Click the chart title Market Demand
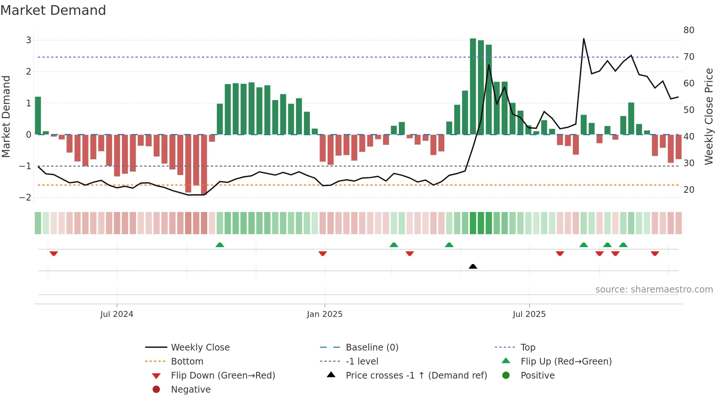click(53, 10)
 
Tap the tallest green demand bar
click(473, 86)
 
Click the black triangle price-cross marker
click(473, 266)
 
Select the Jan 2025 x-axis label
click(325, 314)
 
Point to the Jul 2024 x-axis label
click(117, 314)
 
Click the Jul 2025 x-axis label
click(529, 314)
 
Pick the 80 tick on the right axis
click(689, 30)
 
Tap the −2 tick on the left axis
click(25, 198)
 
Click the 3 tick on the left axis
click(28, 40)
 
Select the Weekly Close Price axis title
click(708, 116)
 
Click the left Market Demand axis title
click(6, 116)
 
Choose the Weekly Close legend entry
click(200, 348)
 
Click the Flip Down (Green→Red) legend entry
click(223, 376)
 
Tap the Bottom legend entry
click(187, 362)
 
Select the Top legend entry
click(527, 348)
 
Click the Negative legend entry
click(191, 390)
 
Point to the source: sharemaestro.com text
click(654, 290)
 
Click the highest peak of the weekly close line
click(584, 39)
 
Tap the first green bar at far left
click(38, 116)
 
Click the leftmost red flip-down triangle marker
click(54, 253)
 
